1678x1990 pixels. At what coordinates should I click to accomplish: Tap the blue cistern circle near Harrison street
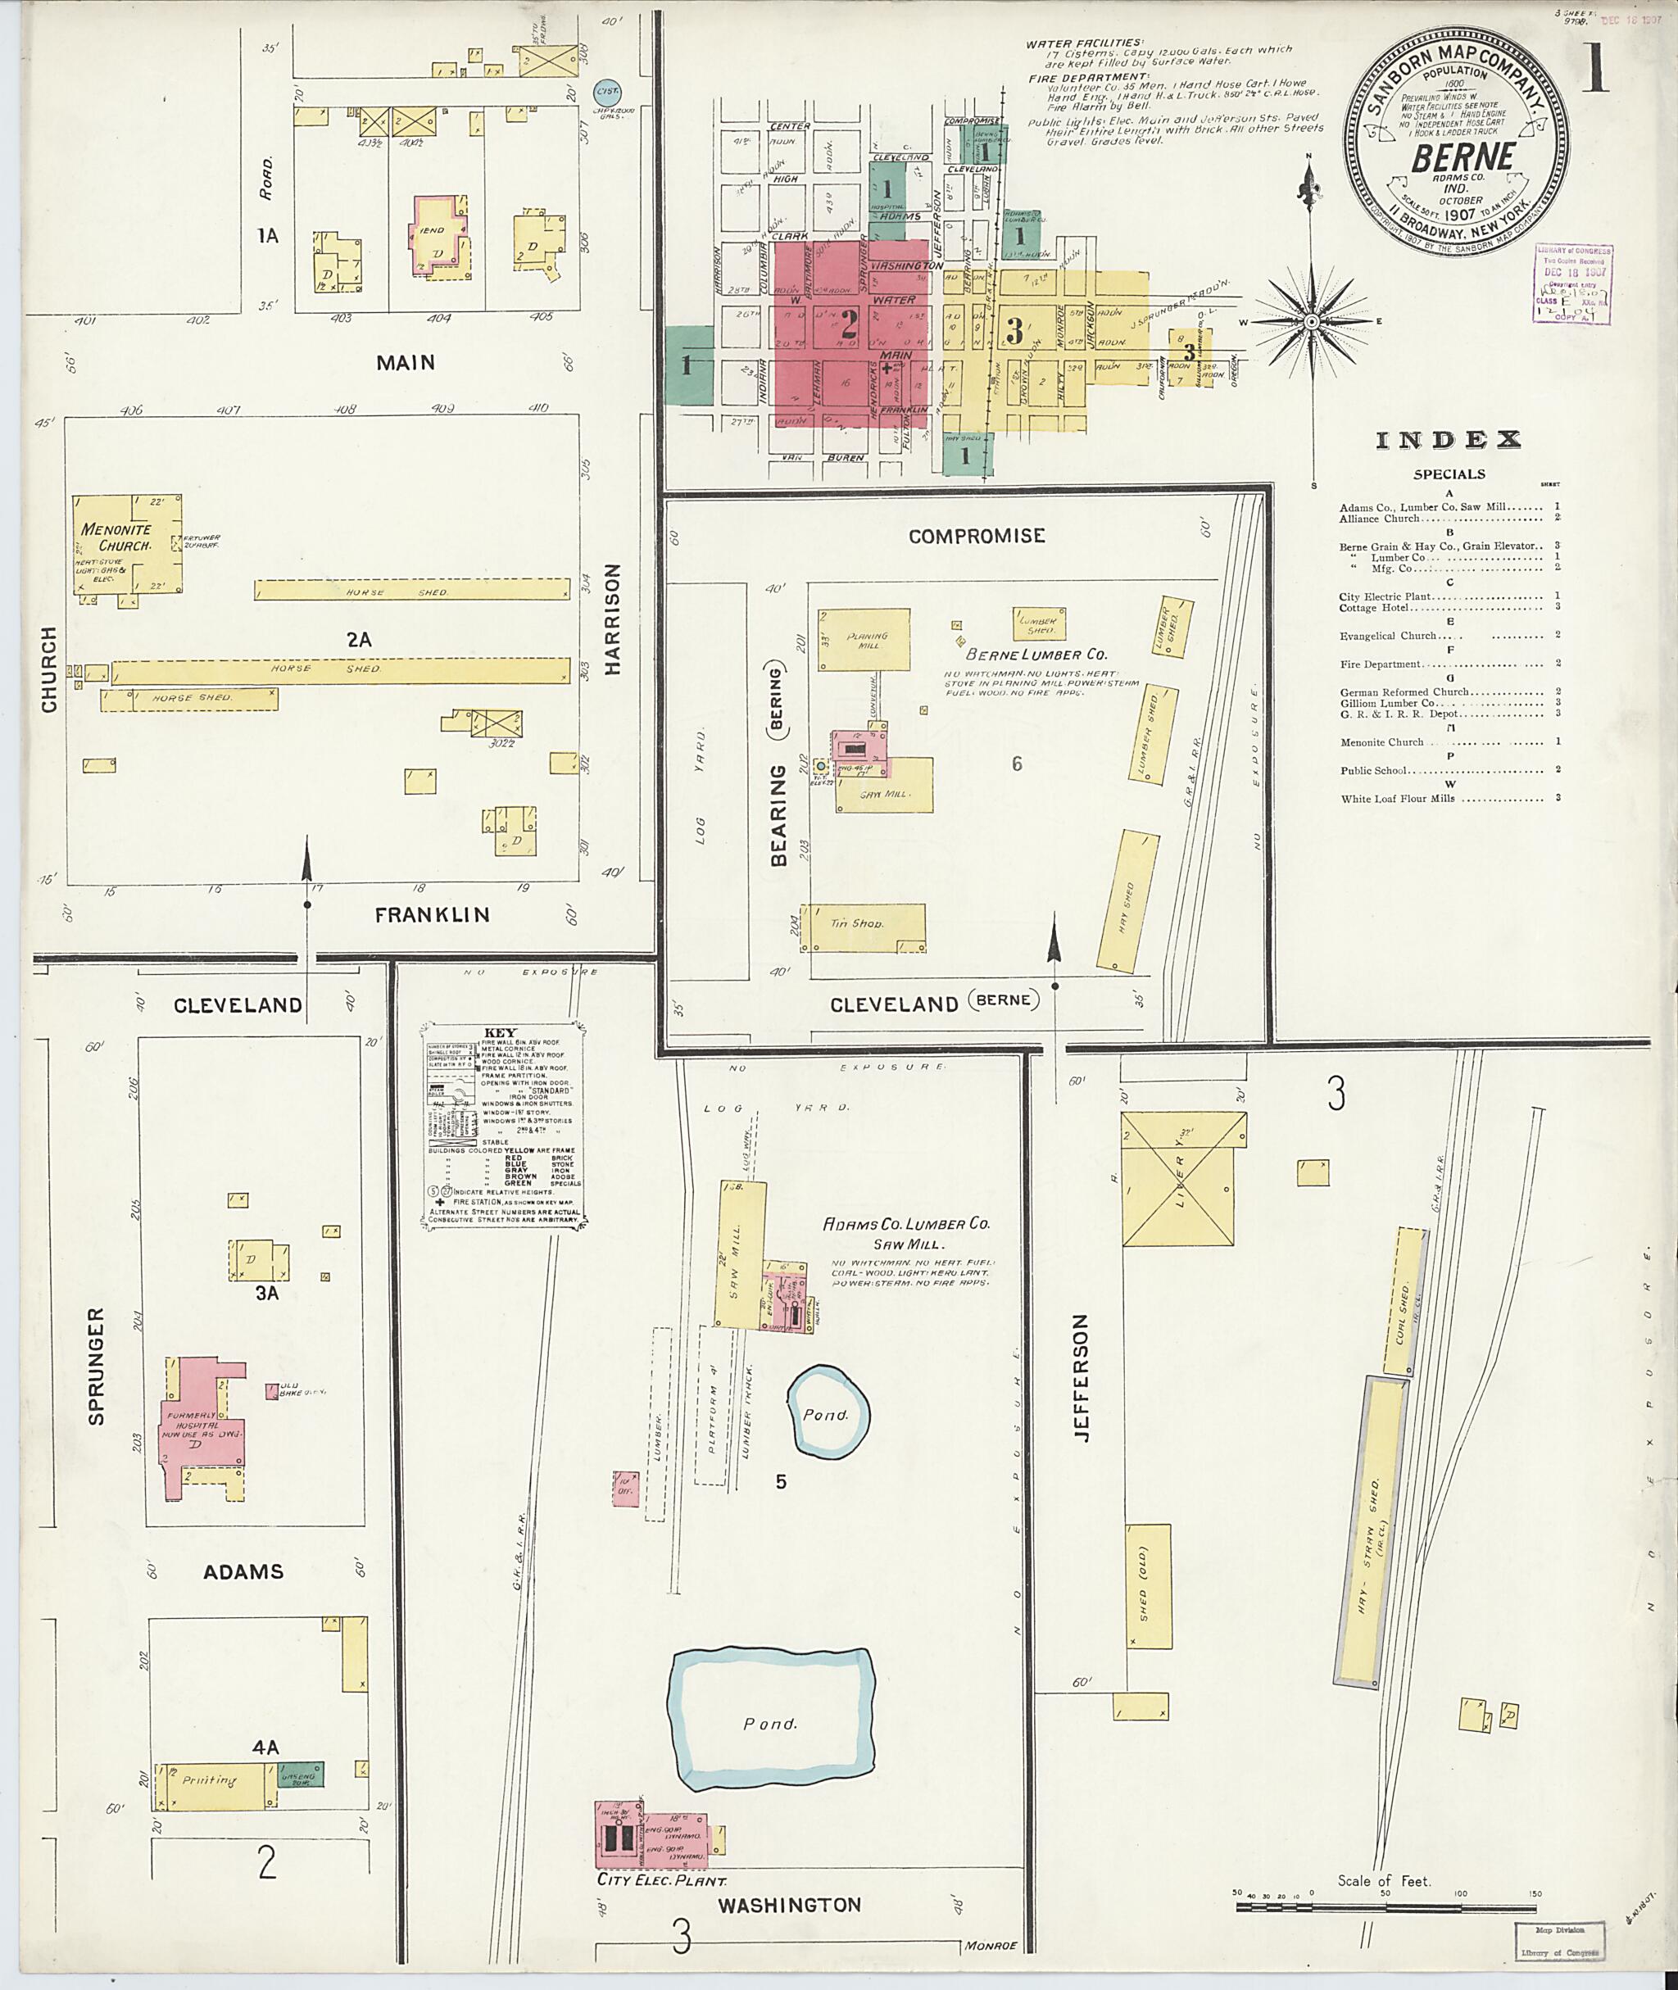pyautogui.click(x=607, y=93)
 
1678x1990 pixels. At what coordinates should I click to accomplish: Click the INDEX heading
pyautogui.click(x=1448, y=439)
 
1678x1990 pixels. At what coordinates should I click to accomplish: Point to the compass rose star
pyautogui.click(x=1311, y=323)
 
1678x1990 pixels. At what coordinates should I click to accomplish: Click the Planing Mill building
pyautogui.click(x=864, y=640)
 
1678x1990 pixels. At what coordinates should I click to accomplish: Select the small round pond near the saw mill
pyautogui.click(x=826, y=1412)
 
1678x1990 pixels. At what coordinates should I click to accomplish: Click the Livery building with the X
pyautogui.click(x=1183, y=1179)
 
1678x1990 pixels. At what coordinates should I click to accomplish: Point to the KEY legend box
pyautogui.click(x=502, y=1126)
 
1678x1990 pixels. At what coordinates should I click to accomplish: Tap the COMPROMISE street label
pyautogui.click(x=976, y=536)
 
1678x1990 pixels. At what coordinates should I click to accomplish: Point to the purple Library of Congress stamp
pyautogui.click(x=1572, y=282)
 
